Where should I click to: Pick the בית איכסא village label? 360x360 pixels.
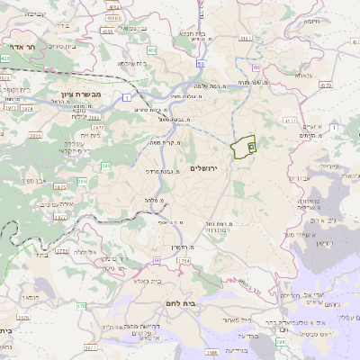[x=128, y=64]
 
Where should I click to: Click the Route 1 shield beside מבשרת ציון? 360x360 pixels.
[x=129, y=95]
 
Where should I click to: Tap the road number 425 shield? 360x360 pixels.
[x=5, y=58]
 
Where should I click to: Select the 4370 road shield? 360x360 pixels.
[x=324, y=85]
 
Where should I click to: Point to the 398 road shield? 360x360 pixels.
[x=280, y=342]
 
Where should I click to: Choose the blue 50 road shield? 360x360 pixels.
[x=200, y=65]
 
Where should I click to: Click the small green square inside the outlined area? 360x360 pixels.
[x=251, y=144]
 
